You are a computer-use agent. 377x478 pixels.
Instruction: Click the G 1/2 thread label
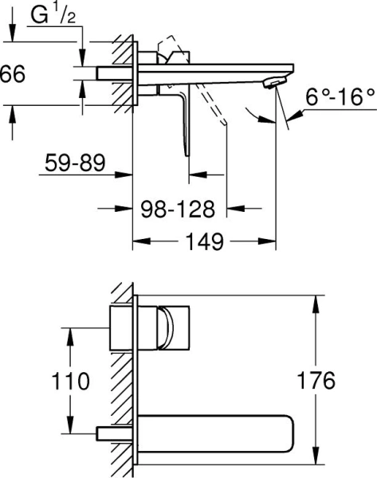tap(53, 16)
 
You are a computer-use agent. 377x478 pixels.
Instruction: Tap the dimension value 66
tap(13, 74)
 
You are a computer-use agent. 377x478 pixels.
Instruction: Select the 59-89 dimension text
tap(75, 163)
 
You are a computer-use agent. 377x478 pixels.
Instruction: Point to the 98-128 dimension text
tap(178, 209)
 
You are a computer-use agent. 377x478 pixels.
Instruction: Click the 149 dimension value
tap(205, 241)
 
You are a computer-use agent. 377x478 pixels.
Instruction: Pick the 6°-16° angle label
tap(340, 97)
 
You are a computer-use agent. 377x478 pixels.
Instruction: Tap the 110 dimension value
tap(71, 381)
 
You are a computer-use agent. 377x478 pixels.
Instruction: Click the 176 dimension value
tap(316, 381)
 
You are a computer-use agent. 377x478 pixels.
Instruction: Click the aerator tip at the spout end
tap(275, 83)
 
